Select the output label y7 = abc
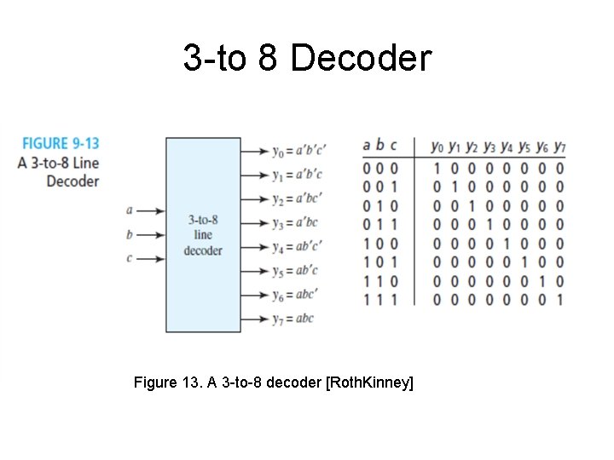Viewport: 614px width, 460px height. tap(293, 319)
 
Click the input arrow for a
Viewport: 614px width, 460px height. tap(149, 210)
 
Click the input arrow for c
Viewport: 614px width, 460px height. tap(149, 258)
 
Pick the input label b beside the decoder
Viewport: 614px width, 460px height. tap(130, 234)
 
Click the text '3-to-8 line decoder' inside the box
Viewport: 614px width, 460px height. tap(203, 235)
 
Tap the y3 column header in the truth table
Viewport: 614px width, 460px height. tap(489, 146)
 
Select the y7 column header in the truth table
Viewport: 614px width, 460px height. tap(559, 146)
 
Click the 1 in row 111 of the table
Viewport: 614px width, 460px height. tap(559, 299)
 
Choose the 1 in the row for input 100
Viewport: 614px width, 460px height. tap(507, 243)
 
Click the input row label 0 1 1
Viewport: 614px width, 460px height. tap(380, 224)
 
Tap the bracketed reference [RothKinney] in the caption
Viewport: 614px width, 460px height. tap(370, 383)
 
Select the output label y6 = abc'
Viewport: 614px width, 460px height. tap(296, 295)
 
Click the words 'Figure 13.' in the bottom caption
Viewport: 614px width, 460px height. tap(166, 383)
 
